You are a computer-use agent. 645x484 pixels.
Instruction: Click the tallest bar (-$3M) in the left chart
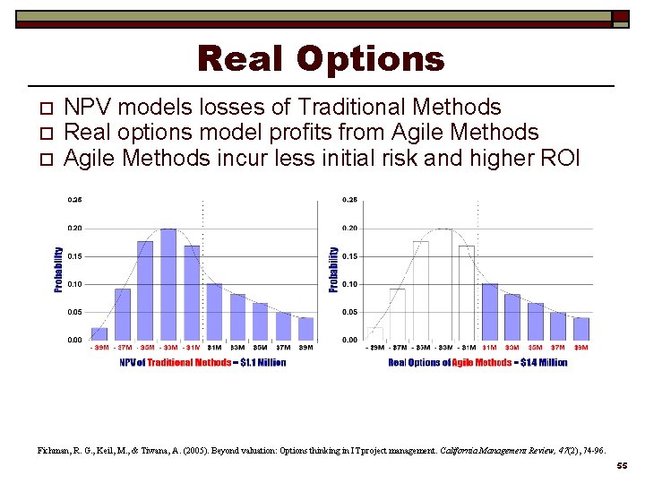pyautogui.click(x=168, y=284)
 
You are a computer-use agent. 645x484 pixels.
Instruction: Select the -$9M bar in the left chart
pyautogui.click(x=99, y=333)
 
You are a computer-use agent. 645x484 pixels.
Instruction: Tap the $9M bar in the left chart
pyautogui.click(x=306, y=328)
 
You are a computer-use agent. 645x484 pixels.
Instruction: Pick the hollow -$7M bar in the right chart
pyautogui.click(x=398, y=314)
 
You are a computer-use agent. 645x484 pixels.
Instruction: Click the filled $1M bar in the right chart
pyautogui.click(x=490, y=311)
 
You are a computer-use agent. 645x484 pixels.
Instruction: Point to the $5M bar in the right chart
pyautogui.click(x=536, y=321)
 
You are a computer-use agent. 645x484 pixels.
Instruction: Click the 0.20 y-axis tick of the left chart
pyautogui.click(x=74, y=229)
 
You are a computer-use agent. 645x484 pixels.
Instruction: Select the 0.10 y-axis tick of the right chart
pyautogui.click(x=349, y=284)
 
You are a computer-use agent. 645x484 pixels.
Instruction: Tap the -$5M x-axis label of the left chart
pyautogui.click(x=146, y=349)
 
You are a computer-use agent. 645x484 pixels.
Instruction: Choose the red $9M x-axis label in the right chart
pyautogui.click(x=581, y=349)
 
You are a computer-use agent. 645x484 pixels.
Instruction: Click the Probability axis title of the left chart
pyautogui.click(x=59, y=269)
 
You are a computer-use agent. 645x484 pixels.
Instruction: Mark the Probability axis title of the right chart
pyautogui.click(x=334, y=269)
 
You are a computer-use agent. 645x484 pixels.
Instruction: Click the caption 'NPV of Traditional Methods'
pyautogui.click(x=202, y=363)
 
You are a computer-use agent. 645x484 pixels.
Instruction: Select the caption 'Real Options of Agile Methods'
pyautogui.click(x=477, y=363)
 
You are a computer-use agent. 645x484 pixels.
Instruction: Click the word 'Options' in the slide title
pyautogui.click(x=370, y=59)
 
